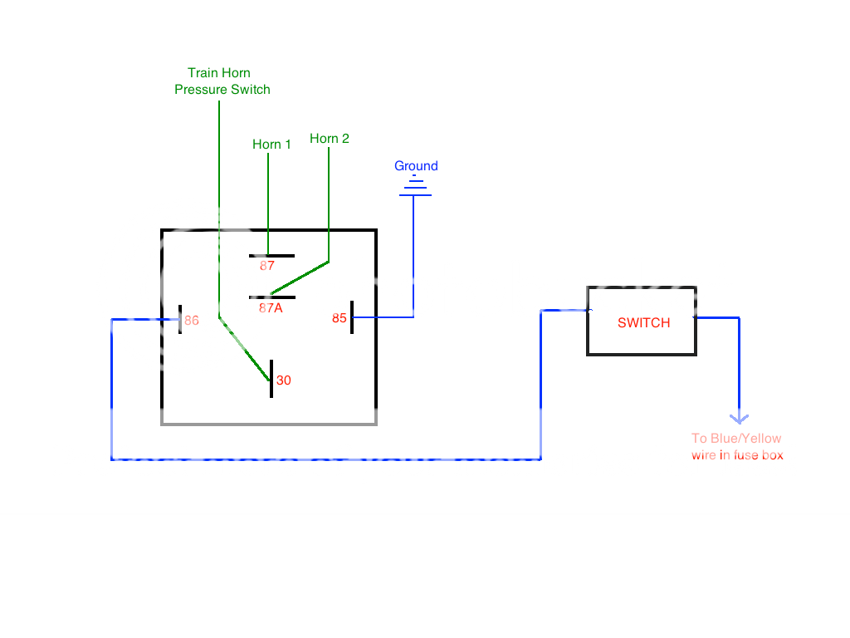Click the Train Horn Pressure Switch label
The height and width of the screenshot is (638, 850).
(x=222, y=81)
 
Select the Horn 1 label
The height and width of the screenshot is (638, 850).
(x=271, y=145)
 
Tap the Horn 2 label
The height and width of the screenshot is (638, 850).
(x=330, y=139)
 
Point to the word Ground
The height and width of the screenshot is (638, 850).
(x=416, y=166)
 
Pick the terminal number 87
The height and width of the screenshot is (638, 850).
(x=266, y=267)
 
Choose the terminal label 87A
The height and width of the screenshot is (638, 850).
(x=271, y=307)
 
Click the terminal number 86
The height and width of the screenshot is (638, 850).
(x=192, y=320)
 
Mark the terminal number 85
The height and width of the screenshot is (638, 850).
(x=340, y=318)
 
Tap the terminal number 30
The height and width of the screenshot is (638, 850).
(x=284, y=380)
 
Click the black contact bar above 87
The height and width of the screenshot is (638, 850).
(x=271, y=256)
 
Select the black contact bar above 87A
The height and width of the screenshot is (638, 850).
(x=271, y=297)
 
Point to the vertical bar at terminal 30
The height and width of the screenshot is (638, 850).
(x=271, y=379)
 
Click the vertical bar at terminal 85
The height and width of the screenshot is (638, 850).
(x=352, y=317)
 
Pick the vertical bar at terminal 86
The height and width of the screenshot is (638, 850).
(x=179, y=320)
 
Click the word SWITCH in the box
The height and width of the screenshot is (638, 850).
(x=643, y=322)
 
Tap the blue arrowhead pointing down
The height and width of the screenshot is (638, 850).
(x=738, y=420)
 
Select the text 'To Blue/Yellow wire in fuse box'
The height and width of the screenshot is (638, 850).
(x=737, y=447)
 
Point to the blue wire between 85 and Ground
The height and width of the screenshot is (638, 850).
(x=413, y=266)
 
